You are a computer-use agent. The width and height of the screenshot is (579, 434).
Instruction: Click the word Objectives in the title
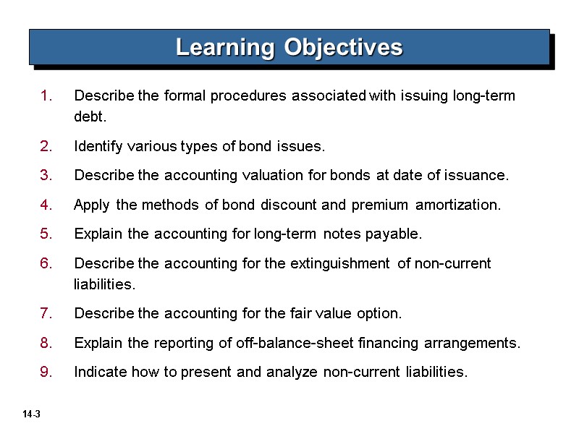point(342,48)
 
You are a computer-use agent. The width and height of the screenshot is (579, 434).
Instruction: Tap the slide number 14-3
point(30,414)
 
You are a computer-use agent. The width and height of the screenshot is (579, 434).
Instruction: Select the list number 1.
point(46,96)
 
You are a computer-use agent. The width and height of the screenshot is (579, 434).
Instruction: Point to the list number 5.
point(46,234)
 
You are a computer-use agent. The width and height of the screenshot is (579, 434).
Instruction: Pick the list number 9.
point(46,373)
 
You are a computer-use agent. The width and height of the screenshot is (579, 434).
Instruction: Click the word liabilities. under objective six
point(104,285)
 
